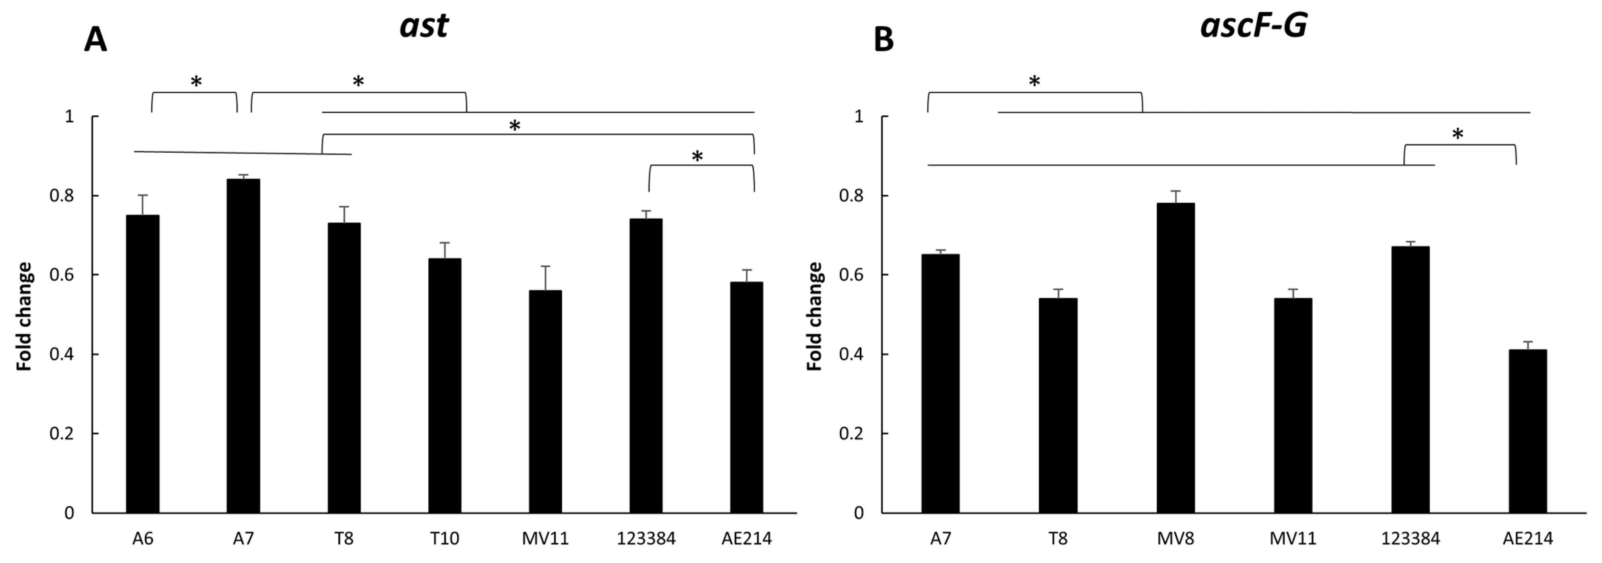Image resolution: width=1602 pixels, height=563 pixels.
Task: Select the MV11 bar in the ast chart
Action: pos(545,401)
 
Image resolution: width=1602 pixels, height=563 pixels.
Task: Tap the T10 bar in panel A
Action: pos(445,385)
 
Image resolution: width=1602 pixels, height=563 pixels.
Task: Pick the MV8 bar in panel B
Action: pos(1175,357)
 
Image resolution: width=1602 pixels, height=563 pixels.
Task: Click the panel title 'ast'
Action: pos(423,26)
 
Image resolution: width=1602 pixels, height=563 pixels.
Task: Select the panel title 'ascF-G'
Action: pos(1253,26)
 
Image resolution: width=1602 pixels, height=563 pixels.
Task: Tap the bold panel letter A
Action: pos(95,41)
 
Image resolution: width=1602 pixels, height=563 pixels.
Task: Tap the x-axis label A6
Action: pos(142,538)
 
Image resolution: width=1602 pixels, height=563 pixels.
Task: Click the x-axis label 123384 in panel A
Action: pos(646,538)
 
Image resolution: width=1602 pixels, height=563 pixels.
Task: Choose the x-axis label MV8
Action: pos(1175,538)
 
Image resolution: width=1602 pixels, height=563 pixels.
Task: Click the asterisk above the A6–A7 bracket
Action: pos(196,82)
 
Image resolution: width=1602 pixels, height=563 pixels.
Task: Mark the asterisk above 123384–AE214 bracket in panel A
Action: pos(697,157)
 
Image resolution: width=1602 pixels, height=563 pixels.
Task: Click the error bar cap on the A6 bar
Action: pos(142,195)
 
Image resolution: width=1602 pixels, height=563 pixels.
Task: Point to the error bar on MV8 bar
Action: pos(1175,197)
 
